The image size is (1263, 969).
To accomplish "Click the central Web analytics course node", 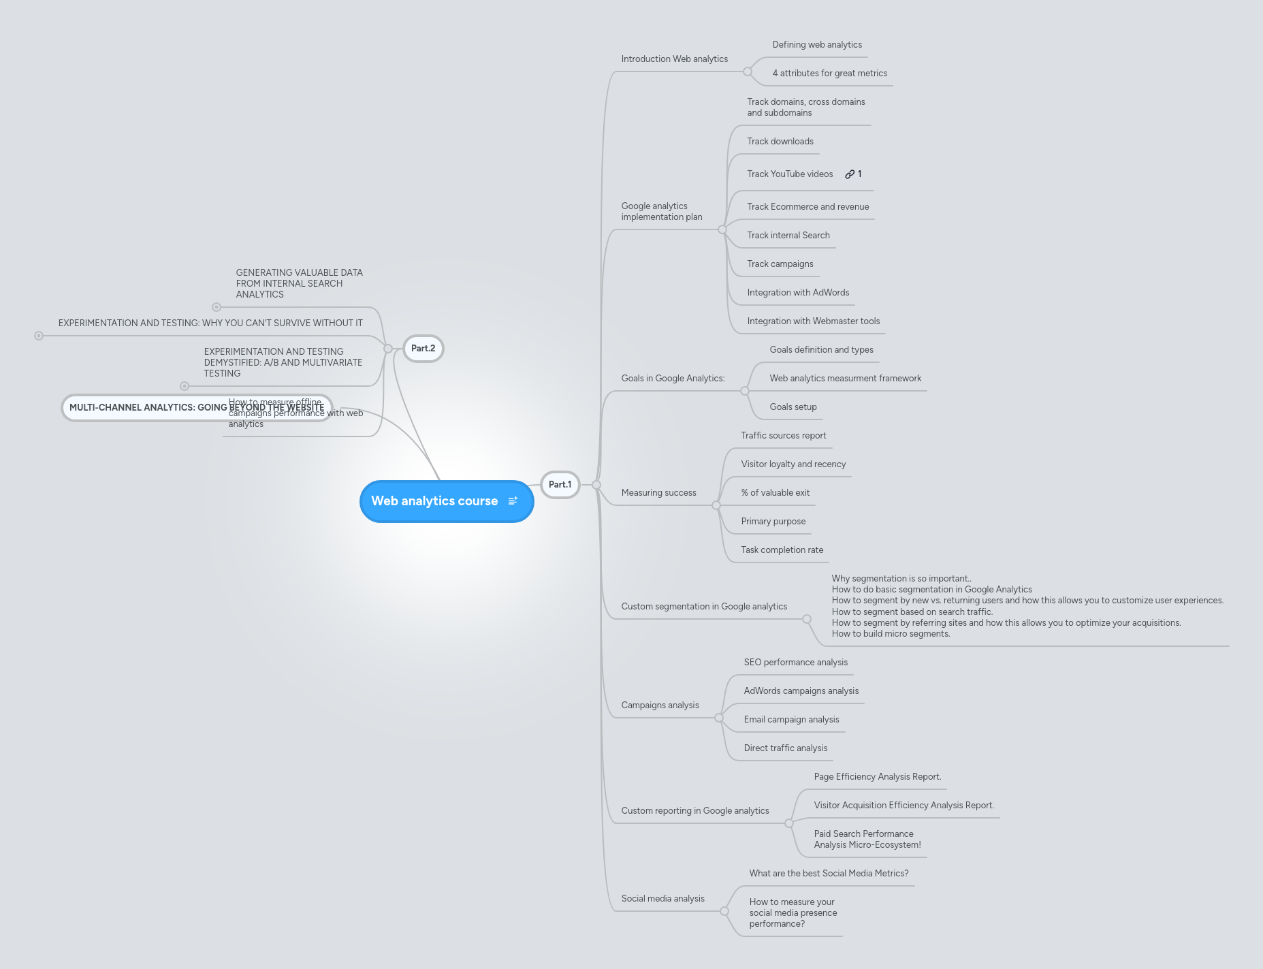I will tap(434, 501).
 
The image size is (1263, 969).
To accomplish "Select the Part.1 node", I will tap(560, 485).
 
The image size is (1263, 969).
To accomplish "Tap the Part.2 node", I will tap(423, 349).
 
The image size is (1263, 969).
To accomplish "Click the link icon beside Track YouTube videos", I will tap(850, 174).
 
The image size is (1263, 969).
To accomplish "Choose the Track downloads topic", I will tap(780, 142).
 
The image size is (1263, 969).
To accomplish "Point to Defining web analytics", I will tap(816, 45).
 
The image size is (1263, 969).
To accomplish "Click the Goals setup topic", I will tap(793, 407).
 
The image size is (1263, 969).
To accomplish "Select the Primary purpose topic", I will tap(773, 522).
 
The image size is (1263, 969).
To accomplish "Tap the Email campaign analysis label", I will tap(791, 720).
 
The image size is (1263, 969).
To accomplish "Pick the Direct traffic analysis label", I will tap(785, 748).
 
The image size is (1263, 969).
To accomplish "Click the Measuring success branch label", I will tap(658, 493).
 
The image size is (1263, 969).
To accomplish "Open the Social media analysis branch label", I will tap(662, 899).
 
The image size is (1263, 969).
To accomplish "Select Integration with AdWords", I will tap(798, 293).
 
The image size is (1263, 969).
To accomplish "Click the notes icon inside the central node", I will tap(513, 501).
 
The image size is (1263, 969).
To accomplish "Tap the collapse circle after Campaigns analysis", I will tap(719, 718).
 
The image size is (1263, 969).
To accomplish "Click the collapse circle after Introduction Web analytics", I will tap(748, 72).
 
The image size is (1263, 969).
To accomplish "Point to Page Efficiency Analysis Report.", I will tap(877, 777).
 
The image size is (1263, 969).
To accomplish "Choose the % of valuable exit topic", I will tap(775, 493).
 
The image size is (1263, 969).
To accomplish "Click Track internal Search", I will tap(788, 236).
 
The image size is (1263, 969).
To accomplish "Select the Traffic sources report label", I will tap(783, 436).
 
